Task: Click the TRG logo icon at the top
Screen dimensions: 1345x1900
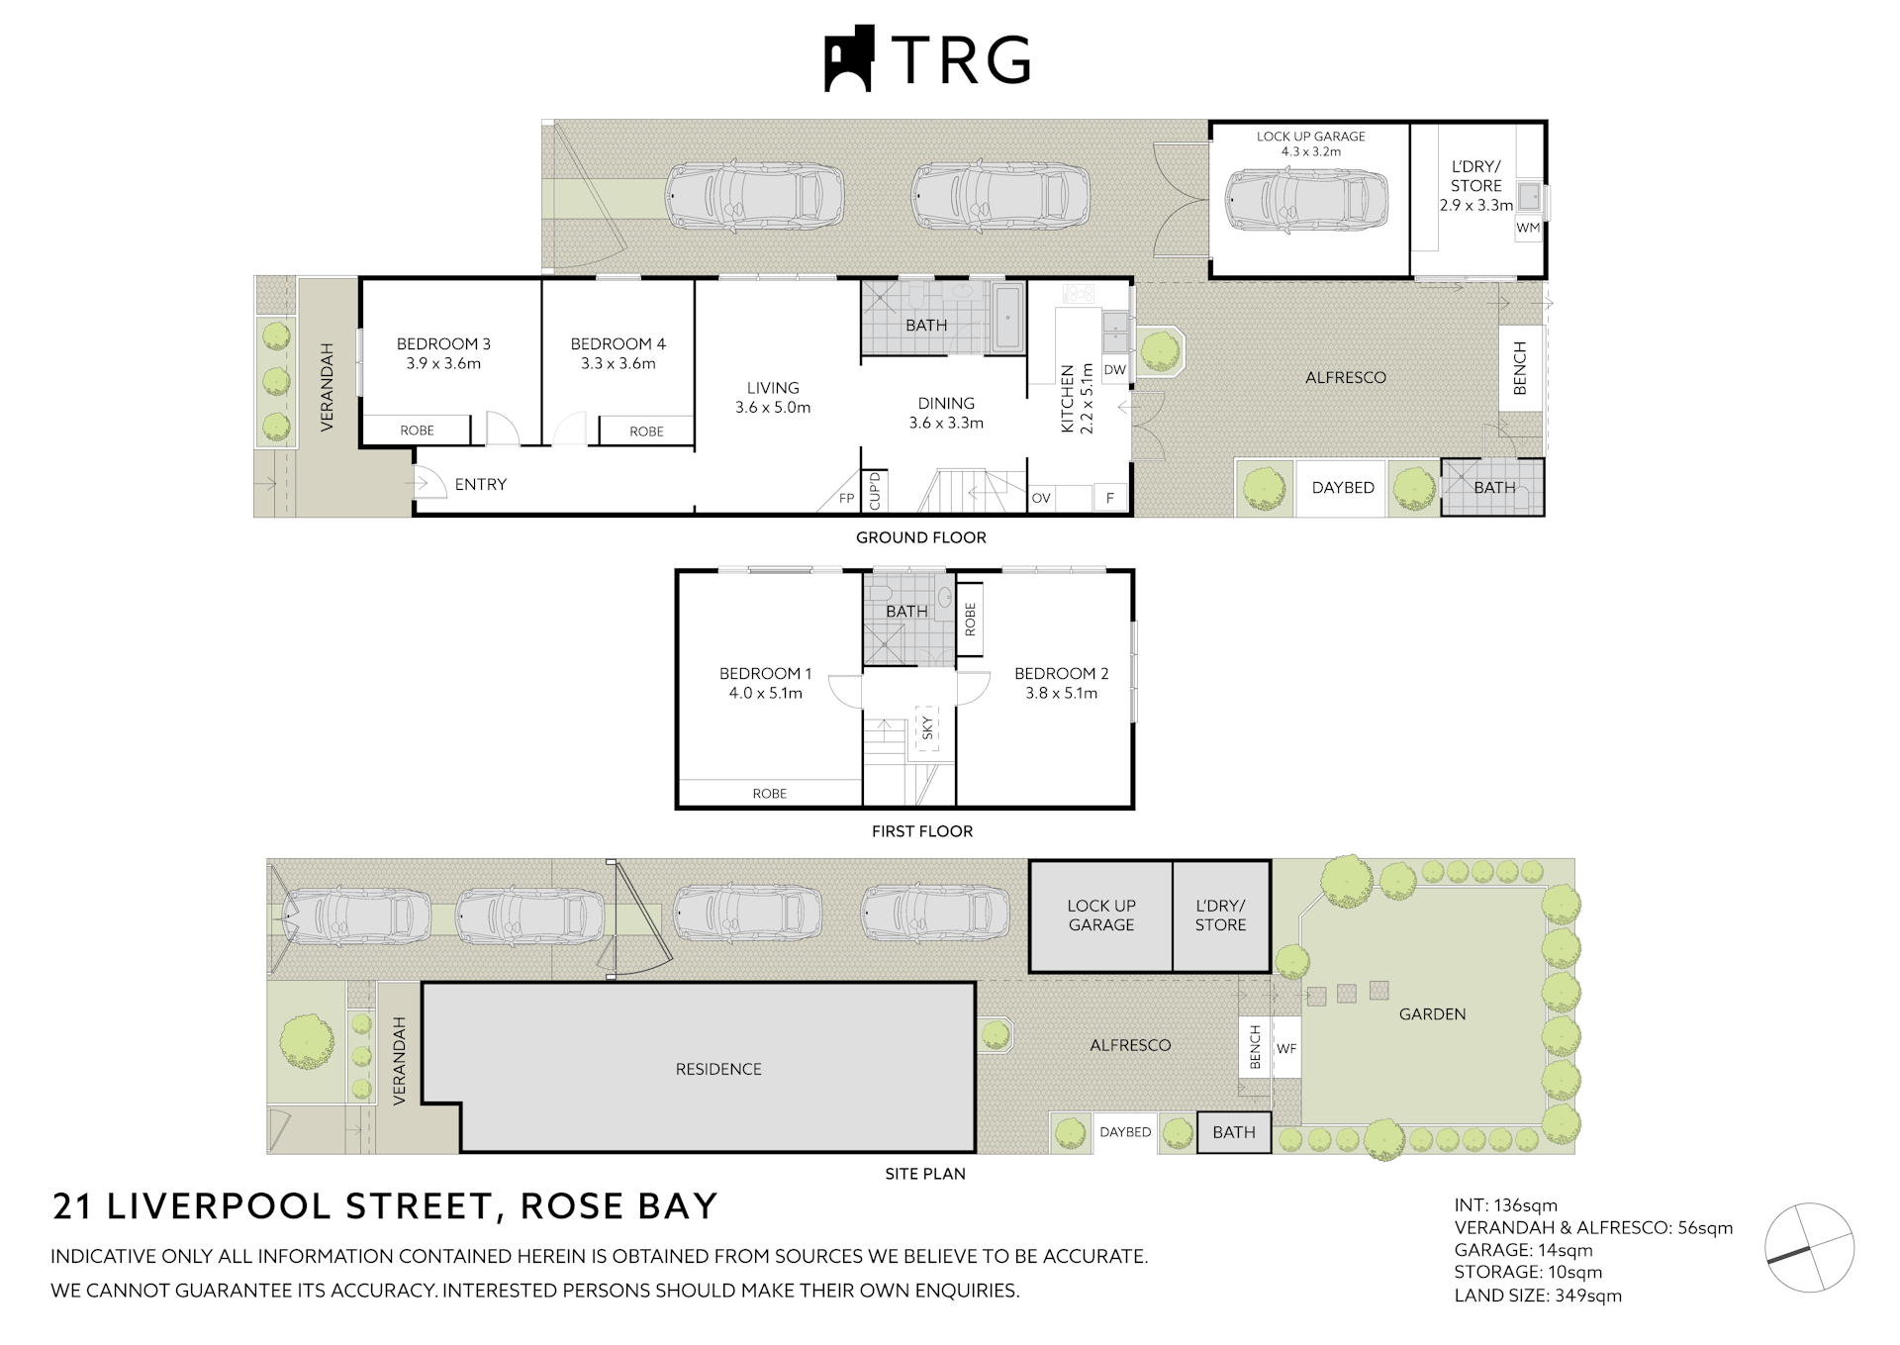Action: [x=849, y=58]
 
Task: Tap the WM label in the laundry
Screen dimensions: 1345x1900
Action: [x=1528, y=228]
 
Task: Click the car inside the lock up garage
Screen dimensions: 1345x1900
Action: [x=1306, y=200]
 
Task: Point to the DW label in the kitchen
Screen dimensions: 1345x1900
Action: [x=1114, y=370]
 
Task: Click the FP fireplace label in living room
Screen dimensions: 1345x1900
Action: [x=846, y=499]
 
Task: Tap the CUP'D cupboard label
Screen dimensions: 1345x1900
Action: [x=874, y=492]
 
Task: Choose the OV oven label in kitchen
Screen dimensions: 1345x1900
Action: [x=1041, y=499]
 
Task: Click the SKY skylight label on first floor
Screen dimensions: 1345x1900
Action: [x=927, y=728]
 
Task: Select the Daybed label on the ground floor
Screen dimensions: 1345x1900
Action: [x=1343, y=488]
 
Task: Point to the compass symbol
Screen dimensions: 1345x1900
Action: [x=1809, y=1247]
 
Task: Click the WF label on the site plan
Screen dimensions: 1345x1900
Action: [x=1285, y=1048]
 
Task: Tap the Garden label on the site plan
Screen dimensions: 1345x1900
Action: [x=1432, y=1014]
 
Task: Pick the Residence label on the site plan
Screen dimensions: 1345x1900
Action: [x=718, y=1069]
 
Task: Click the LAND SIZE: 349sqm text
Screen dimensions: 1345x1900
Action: [x=1537, y=1296]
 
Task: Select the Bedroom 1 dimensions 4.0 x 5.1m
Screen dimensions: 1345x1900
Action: [x=765, y=693]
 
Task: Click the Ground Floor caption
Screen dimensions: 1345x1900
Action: [x=920, y=537]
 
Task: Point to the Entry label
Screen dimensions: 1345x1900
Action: [x=481, y=484]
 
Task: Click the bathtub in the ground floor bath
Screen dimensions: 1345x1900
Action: [x=1007, y=317]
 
